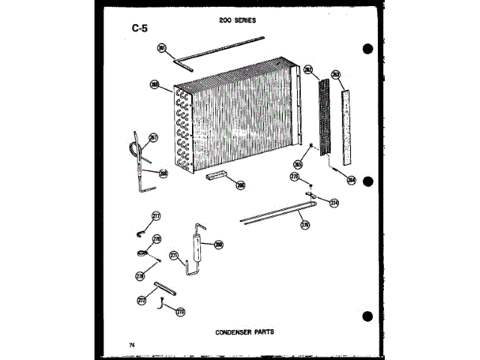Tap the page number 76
click(x=131, y=343)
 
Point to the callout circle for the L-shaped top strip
click(x=160, y=48)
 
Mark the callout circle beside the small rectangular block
click(x=240, y=184)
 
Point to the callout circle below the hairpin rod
click(x=304, y=224)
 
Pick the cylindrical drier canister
click(x=199, y=247)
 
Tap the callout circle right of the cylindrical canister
click(x=218, y=244)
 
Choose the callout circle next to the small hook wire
click(x=179, y=311)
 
